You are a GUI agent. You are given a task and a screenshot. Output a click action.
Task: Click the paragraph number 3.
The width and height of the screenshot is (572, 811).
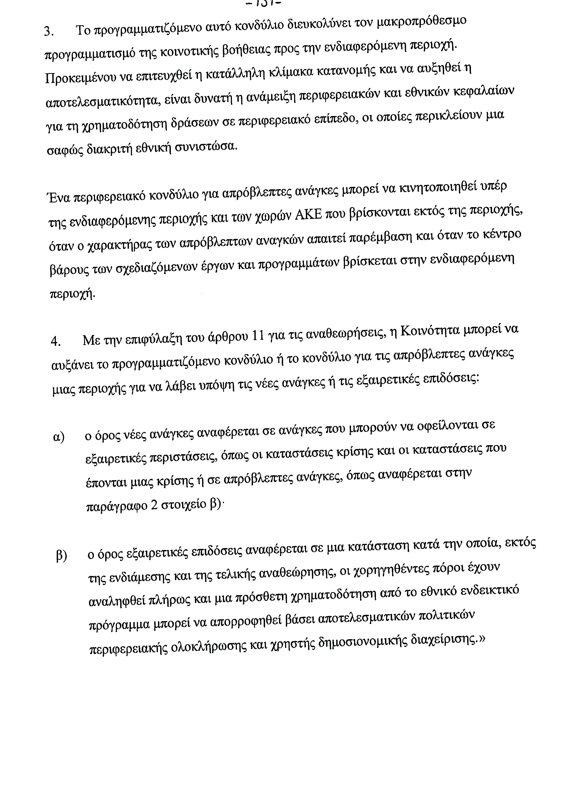click(x=48, y=32)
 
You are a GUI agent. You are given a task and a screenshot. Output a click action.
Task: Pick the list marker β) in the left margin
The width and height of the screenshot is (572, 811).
click(x=61, y=556)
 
